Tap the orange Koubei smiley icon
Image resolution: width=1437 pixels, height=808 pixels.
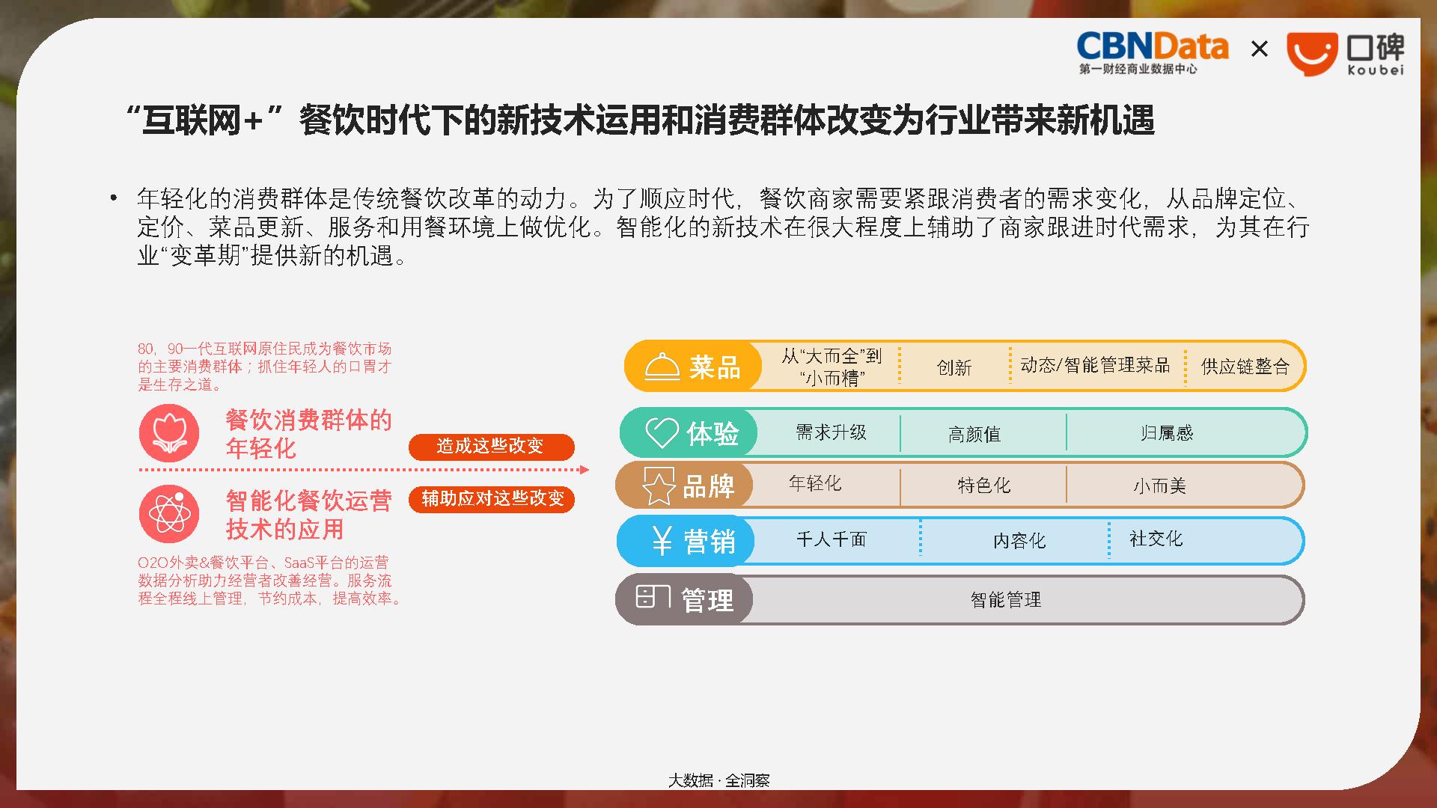point(1311,54)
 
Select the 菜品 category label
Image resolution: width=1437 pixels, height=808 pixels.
point(715,367)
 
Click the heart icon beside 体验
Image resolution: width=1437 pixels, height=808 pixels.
point(662,432)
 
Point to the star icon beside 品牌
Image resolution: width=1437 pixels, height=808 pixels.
point(658,486)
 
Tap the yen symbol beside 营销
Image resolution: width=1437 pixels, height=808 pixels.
point(662,540)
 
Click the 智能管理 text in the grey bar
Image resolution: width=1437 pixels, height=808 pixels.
point(1006,599)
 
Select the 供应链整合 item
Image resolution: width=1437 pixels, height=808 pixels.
point(1245,367)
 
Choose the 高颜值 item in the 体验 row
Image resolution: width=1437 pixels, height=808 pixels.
point(974,434)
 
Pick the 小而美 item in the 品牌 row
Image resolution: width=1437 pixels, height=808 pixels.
point(1159,486)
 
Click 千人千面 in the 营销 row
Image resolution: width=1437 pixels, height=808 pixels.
point(831,539)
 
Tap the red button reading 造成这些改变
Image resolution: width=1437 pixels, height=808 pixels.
point(491,447)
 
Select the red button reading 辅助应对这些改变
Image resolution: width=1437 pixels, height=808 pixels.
point(492,499)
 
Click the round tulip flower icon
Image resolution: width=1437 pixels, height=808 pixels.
point(169,433)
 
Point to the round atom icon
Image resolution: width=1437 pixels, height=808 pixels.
point(169,514)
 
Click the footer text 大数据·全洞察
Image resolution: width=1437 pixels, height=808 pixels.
point(718,780)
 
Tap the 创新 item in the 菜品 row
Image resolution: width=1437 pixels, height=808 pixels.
point(954,367)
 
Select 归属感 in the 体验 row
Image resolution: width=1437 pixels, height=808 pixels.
point(1167,433)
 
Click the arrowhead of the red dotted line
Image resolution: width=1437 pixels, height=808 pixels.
point(585,470)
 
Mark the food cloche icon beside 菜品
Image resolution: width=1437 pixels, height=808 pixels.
point(662,367)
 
